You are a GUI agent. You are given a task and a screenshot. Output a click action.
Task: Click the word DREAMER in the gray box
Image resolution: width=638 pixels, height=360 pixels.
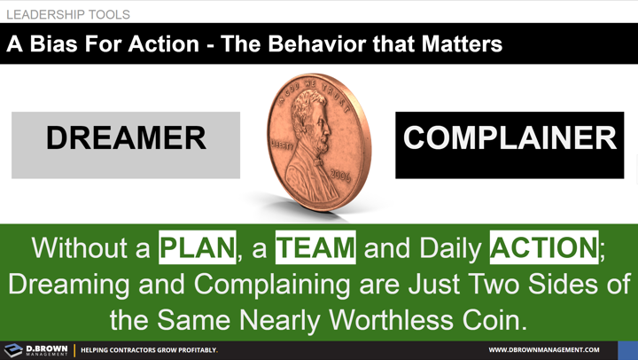[x=126, y=138]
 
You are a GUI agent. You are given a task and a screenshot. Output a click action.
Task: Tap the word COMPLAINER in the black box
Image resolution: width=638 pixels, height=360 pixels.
[x=510, y=138]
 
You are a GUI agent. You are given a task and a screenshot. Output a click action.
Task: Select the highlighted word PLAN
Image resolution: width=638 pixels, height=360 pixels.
[x=198, y=247]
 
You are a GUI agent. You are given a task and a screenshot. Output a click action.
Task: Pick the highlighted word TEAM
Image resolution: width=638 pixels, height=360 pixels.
[x=315, y=247]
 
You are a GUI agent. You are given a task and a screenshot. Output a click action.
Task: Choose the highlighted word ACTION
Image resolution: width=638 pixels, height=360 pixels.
[x=544, y=247]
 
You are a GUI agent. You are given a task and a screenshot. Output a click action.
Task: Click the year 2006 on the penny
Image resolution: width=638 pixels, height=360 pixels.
[x=340, y=175]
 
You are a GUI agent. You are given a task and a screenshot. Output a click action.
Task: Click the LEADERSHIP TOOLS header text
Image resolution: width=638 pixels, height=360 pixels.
[x=68, y=15]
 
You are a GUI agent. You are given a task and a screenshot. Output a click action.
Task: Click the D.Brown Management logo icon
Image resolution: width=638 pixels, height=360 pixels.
[x=13, y=350]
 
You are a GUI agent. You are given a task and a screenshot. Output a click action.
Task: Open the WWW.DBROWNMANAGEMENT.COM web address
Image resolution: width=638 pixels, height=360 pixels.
[x=544, y=350]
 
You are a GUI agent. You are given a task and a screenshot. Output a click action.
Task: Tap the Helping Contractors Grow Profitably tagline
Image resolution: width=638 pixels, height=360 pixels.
[x=149, y=350]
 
